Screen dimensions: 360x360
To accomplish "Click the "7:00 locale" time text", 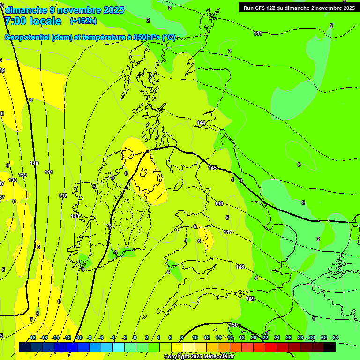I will click(33, 21).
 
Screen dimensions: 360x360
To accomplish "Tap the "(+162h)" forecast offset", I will click(83, 21).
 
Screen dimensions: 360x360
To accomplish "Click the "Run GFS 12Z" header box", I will click(299, 7).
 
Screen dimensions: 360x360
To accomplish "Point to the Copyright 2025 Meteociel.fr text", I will click(199, 357).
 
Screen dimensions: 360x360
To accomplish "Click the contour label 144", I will click(201, 123).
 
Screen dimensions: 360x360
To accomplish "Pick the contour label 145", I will click(212, 168).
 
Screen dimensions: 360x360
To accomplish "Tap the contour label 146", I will click(219, 203).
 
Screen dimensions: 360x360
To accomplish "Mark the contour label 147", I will click(228, 232).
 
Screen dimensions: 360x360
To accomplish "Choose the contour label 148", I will click(240, 267).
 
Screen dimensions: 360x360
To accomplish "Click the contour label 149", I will click(250, 299).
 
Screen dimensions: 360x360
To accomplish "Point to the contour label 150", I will click(233, 325).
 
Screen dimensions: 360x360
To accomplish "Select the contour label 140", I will click(34, 163).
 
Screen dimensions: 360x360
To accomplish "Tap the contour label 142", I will click(63, 195).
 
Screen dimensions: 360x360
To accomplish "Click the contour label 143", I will click(75, 216).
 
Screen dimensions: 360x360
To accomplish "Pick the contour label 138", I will click(13, 180).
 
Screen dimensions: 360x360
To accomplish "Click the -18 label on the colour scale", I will click(32, 337).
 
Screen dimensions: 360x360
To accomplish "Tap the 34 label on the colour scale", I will click(336, 337).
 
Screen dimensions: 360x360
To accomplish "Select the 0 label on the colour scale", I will click(135, 337).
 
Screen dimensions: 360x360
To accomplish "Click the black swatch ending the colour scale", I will click(330, 347).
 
